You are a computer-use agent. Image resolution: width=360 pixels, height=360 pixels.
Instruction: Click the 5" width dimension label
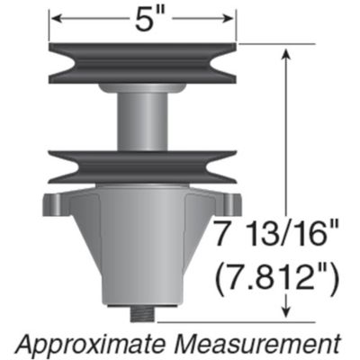144,18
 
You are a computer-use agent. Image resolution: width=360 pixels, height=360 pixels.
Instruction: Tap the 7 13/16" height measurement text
274,237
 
